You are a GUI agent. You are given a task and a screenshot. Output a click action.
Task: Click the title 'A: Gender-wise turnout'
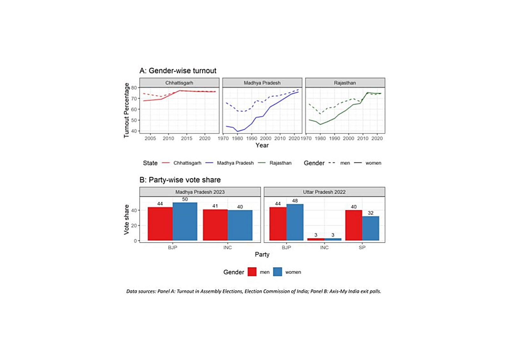coord(178,71)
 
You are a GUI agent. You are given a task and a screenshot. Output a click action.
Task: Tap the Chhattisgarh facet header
coord(179,83)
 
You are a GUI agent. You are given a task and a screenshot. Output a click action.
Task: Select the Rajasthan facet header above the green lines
coord(345,83)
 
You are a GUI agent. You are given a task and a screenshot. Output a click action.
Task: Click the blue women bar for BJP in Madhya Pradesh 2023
coord(185,221)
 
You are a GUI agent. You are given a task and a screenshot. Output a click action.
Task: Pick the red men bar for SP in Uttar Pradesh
coord(353,225)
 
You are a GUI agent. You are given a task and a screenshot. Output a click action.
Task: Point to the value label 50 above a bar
coord(185,199)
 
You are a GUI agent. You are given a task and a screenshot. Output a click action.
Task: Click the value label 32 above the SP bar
coord(371,213)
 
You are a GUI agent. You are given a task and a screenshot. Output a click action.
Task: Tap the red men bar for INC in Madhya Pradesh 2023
coord(215,225)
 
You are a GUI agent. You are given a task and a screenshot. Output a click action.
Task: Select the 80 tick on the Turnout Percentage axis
coord(134,88)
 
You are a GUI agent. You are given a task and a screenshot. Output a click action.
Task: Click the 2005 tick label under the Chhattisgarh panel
coord(150,138)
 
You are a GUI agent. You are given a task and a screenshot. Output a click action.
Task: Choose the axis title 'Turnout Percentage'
coord(127,110)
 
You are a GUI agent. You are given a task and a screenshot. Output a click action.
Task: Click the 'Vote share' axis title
coord(127,219)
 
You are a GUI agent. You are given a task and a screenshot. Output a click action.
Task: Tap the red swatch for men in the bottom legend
coord(252,272)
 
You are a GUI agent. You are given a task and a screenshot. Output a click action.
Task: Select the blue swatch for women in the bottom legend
coord(277,272)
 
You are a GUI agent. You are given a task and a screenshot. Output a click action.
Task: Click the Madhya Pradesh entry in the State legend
coord(235,163)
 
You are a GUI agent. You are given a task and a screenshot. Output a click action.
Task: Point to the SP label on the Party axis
coord(362,247)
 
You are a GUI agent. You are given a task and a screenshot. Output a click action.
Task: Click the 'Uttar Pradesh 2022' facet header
coord(324,192)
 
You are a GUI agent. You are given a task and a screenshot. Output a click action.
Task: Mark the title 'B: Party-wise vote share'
coord(180,180)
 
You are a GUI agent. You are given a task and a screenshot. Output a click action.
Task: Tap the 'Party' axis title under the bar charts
coord(262,254)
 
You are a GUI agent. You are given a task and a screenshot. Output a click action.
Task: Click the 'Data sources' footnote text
coord(254,291)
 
